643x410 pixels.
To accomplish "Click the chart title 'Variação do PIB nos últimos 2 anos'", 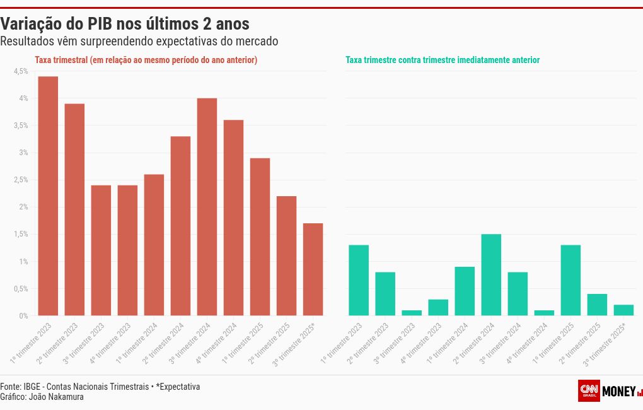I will click(125, 24).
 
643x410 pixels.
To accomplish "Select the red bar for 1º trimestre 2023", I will click(48, 196).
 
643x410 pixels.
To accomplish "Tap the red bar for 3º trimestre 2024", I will click(207, 207).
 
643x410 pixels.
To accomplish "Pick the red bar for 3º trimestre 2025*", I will click(313, 269).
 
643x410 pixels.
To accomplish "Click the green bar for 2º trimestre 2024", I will click(491, 275).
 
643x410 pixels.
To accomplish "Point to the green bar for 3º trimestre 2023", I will click(412, 313).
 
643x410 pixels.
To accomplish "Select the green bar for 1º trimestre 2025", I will click(571, 280).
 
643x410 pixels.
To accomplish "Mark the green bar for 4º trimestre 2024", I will click(544, 313).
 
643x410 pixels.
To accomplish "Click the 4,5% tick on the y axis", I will click(21, 71).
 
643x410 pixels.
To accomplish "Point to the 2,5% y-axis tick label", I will click(21, 180).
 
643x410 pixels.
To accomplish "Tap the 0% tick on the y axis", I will click(23, 315).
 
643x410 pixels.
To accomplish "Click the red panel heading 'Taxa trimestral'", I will click(146, 60).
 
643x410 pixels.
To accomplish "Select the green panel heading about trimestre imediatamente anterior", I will click(443, 60).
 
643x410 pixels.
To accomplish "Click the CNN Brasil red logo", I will click(588, 390).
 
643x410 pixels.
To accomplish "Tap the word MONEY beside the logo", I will click(619, 392).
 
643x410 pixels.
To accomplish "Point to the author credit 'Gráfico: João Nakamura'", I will click(42, 397).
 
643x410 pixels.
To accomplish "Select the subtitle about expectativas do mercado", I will click(139, 42).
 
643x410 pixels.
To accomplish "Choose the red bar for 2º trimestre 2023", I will click(74, 209).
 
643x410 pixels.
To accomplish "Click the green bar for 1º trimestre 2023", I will click(359, 280).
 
